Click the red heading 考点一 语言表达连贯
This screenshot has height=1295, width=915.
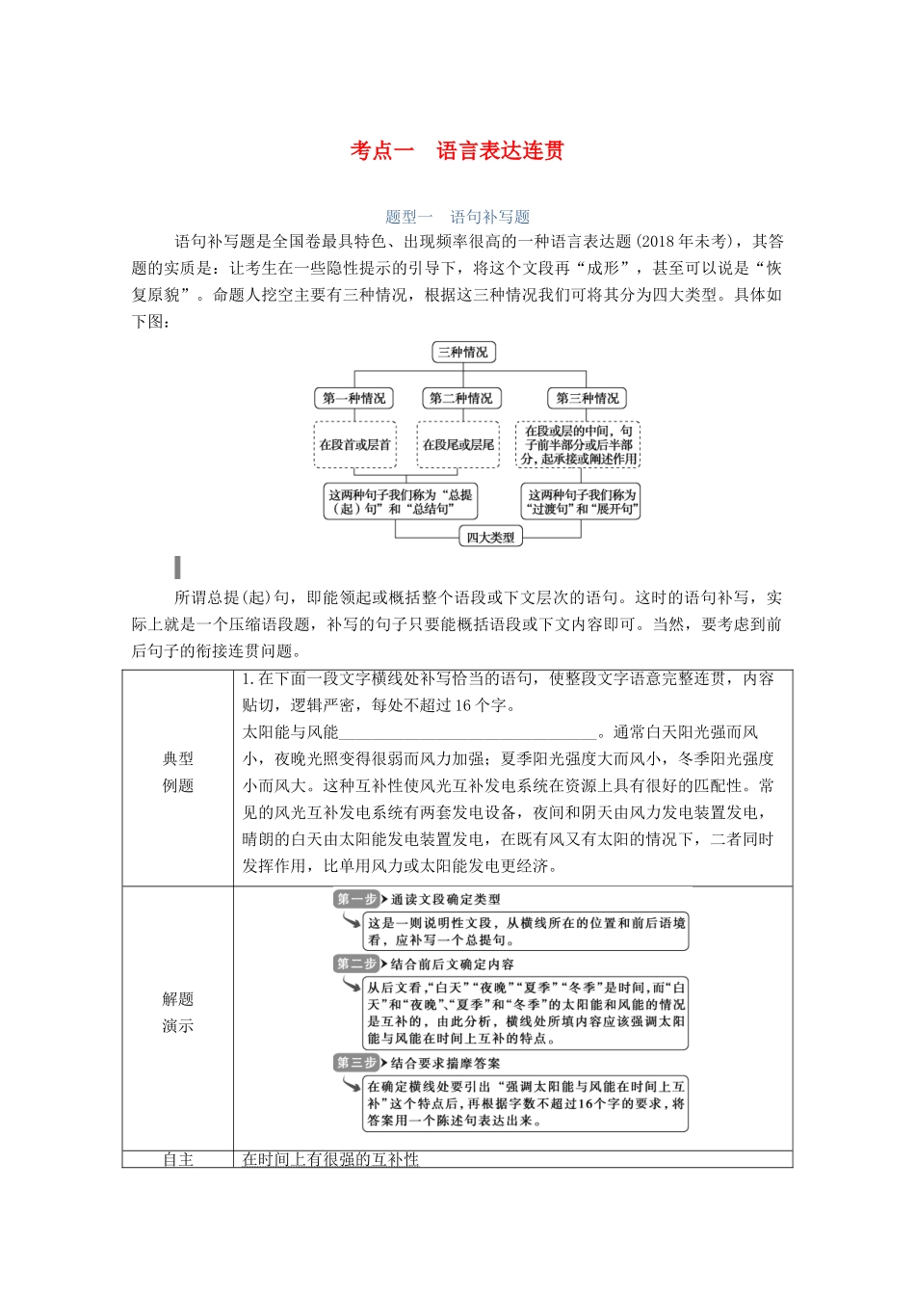[457, 151]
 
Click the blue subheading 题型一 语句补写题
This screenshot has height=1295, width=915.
[457, 217]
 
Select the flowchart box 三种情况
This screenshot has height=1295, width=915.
[462, 353]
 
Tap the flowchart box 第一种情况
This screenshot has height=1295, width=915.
[353, 398]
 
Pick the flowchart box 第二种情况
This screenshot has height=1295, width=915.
[459, 398]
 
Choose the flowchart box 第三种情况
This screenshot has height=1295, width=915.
[586, 398]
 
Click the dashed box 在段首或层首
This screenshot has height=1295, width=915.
[354, 445]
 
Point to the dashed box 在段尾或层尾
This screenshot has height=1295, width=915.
[457, 445]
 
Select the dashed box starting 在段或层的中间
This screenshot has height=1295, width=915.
[578, 445]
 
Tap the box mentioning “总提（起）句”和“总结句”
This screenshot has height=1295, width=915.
[400, 502]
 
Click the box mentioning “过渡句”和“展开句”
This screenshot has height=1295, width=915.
[582, 502]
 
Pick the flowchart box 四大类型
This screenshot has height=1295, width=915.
[490, 538]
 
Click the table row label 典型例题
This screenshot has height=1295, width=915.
[178, 773]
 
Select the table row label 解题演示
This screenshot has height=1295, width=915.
[178, 1013]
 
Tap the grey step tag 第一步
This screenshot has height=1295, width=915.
[356, 899]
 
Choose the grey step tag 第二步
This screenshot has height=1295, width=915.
[356, 964]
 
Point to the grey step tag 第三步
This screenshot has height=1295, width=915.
[356, 1063]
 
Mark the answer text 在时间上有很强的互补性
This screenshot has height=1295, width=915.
[330, 1159]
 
